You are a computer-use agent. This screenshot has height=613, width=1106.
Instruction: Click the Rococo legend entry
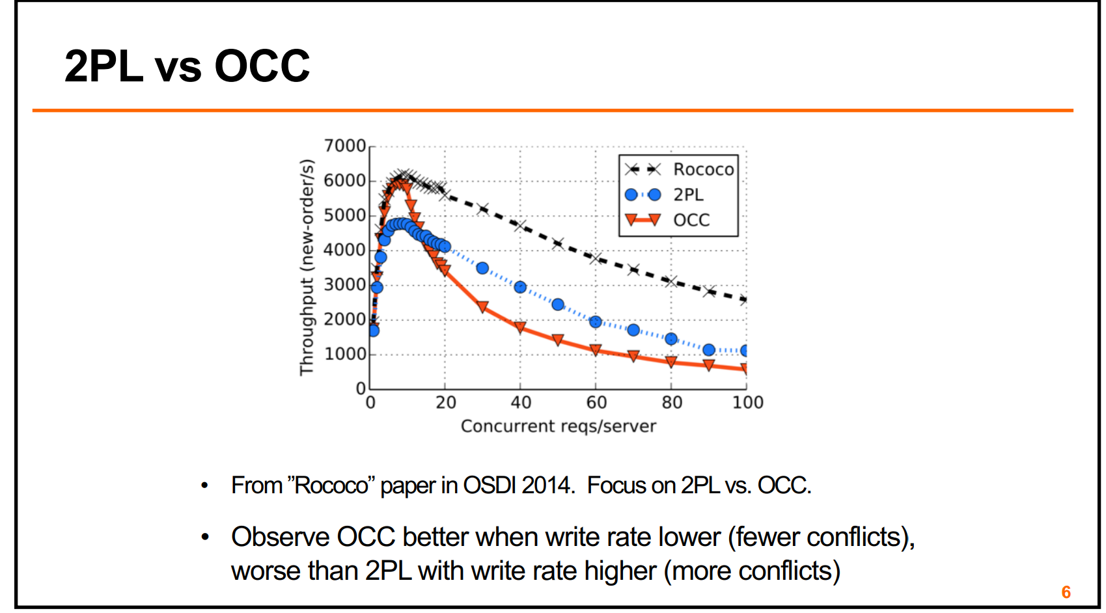703,169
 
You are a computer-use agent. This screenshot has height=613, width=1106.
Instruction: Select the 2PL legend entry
688,195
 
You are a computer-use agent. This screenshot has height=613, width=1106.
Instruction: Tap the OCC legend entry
691,220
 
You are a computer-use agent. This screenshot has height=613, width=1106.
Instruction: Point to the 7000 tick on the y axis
345,146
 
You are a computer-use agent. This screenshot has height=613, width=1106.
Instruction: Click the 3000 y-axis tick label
345,284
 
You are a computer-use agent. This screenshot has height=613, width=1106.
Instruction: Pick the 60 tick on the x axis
596,403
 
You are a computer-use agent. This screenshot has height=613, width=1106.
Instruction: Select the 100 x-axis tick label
747,403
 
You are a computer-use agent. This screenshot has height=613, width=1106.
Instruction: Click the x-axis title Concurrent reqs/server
558,426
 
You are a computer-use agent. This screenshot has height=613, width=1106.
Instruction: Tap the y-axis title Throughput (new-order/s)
307,267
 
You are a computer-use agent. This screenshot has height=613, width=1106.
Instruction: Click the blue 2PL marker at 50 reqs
558,305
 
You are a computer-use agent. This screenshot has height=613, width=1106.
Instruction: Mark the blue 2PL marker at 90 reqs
709,350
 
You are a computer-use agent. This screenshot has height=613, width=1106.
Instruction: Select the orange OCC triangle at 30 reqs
482,306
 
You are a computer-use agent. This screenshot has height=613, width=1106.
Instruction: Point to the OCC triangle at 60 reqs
596,350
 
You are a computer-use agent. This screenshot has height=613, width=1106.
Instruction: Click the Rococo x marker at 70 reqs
633,269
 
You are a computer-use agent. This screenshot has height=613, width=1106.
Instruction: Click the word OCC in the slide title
262,66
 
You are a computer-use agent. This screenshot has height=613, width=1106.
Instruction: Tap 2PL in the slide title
104,66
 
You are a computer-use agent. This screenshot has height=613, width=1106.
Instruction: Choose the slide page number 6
1066,592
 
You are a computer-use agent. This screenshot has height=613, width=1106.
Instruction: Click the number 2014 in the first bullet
546,485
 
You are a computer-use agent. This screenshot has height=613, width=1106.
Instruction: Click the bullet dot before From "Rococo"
205,485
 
